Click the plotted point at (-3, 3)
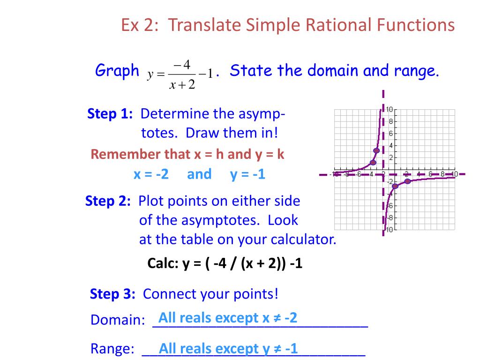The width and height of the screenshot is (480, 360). (x=376, y=150)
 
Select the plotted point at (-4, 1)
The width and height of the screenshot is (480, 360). (x=373, y=163)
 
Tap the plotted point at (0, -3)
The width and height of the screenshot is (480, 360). (x=395, y=186)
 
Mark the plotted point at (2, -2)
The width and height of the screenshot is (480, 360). (x=407, y=181)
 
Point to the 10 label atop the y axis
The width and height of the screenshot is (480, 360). (x=389, y=110)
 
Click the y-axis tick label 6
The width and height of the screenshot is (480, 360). (x=390, y=133)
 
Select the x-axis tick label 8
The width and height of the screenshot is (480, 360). (x=442, y=174)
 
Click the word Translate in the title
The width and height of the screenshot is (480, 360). (x=202, y=25)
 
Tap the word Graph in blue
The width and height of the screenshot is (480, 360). (x=117, y=71)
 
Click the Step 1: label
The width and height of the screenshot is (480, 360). (x=111, y=114)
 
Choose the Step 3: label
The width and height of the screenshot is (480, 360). (x=112, y=294)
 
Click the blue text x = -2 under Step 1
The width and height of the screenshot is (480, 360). (x=151, y=174)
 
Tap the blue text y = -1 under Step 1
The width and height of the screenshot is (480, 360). (x=247, y=174)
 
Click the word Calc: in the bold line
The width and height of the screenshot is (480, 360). (x=162, y=263)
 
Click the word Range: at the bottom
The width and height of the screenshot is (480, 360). (x=112, y=349)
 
